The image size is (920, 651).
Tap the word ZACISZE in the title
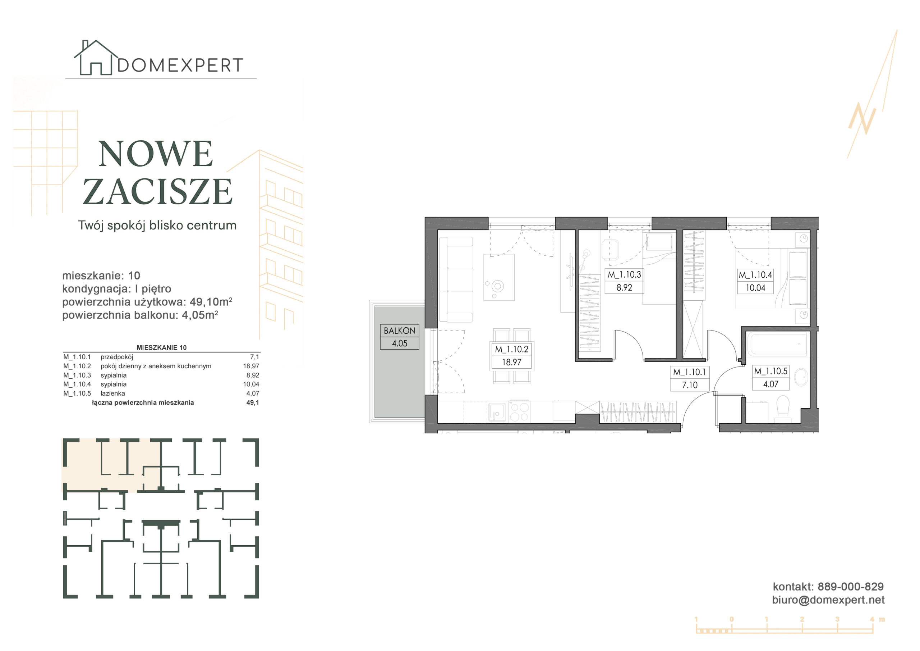(x=157, y=191)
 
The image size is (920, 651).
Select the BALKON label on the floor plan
(x=399, y=331)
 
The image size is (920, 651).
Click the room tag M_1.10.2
(x=512, y=349)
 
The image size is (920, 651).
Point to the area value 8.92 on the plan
(x=624, y=288)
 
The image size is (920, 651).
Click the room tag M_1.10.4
(x=755, y=275)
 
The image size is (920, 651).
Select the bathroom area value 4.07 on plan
(x=770, y=384)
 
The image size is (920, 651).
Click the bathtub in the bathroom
(x=777, y=344)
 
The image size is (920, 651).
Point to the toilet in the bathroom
(x=783, y=408)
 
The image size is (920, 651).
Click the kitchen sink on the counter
(x=497, y=412)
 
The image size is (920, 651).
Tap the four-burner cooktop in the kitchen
(x=519, y=412)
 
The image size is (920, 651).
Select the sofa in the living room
(x=456, y=279)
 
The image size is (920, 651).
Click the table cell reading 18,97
(x=251, y=366)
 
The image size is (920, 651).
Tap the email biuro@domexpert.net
(x=828, y=600)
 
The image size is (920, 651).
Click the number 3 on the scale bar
(x=837, y=619)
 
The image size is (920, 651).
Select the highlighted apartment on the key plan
(x=111, y=465)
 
